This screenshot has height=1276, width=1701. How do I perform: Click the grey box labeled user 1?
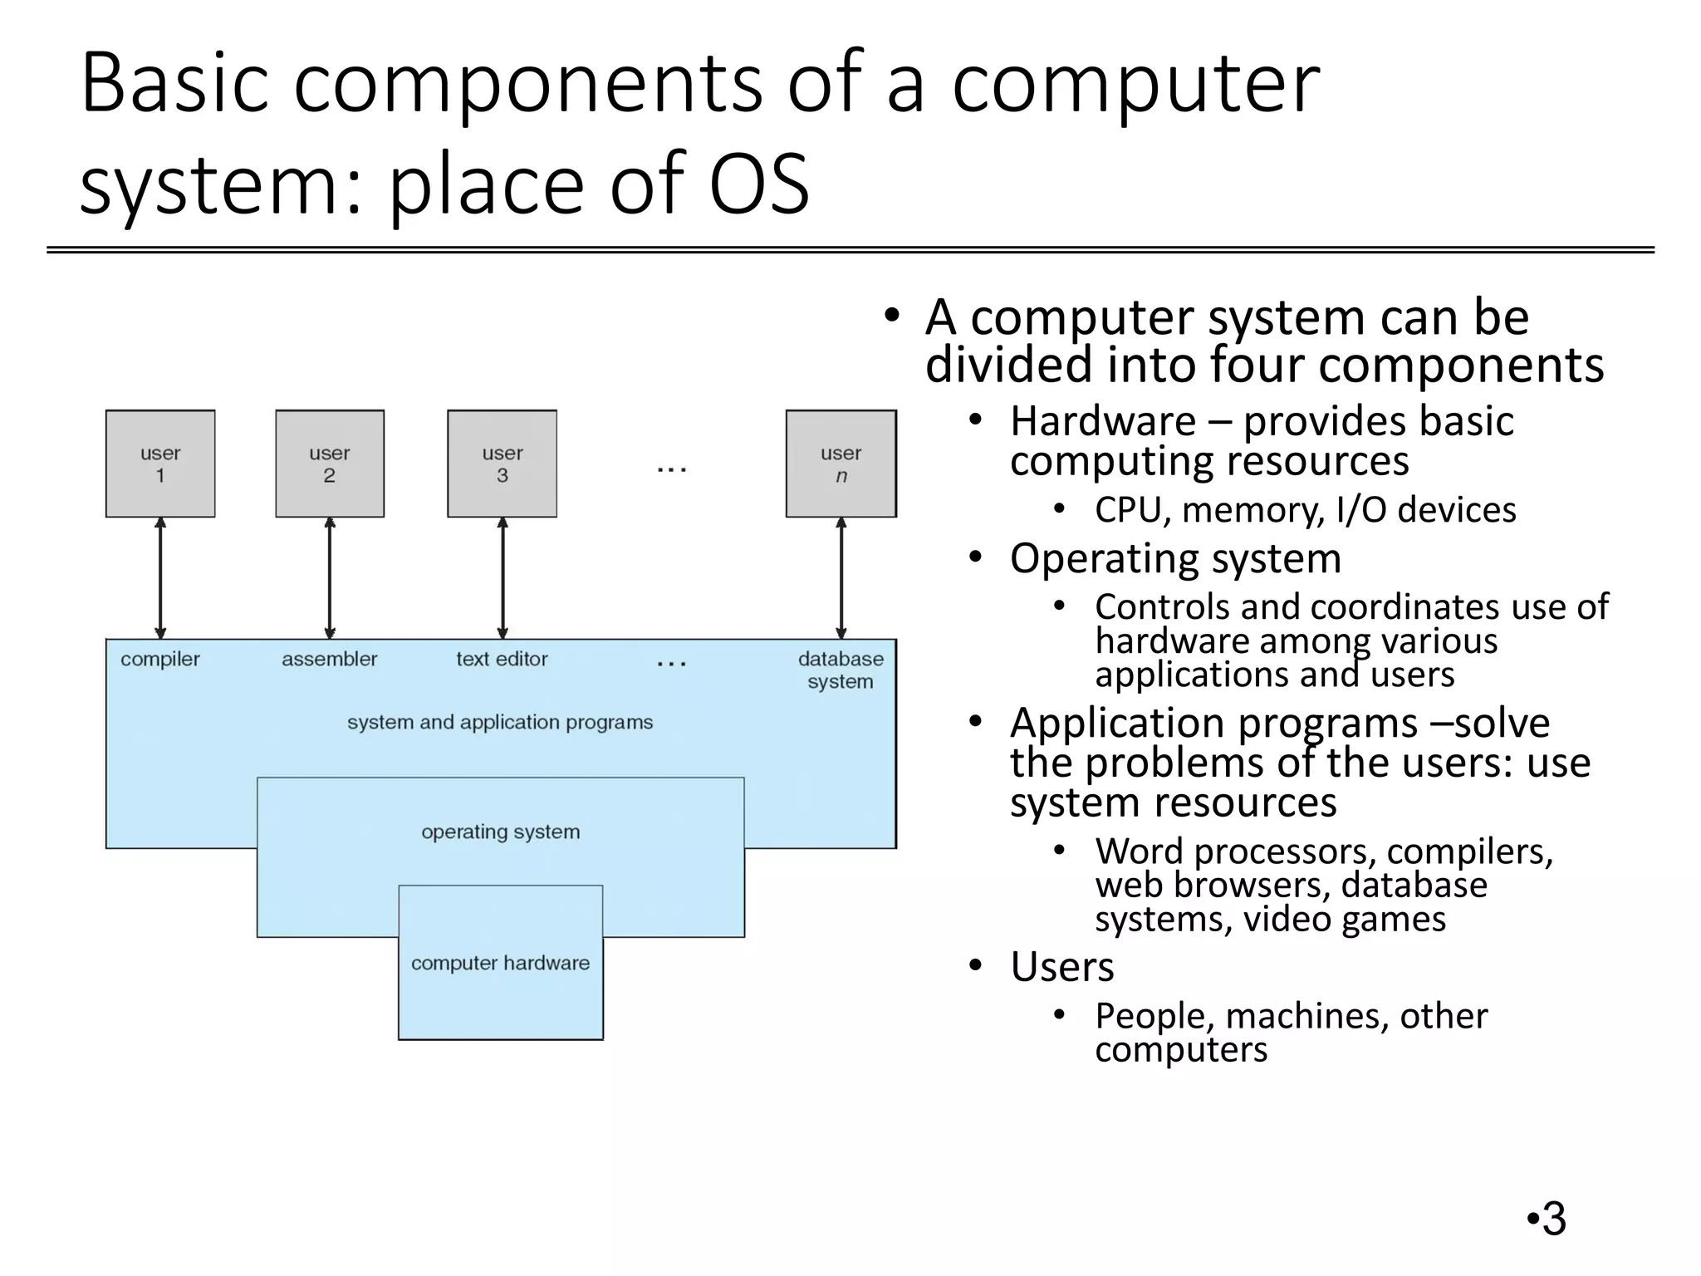(160, 464)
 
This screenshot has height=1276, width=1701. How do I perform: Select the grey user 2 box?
(330, 464)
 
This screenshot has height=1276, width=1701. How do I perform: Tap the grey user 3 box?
(502, 464)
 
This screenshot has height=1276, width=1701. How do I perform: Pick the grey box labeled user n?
(841, 464)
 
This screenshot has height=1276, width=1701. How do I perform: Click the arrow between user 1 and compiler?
(160, 578)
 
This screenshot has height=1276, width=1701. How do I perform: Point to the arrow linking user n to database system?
(841, 578)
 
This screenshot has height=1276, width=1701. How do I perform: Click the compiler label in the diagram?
(160, 660)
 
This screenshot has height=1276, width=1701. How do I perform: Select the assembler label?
(329, 660)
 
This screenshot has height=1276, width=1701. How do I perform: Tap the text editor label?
(502, 660)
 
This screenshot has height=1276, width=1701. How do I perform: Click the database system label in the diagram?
(841, 670)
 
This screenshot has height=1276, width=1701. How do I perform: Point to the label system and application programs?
(500, 723)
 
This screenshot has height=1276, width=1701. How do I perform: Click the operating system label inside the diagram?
(500, 832)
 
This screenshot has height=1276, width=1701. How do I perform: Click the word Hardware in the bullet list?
(1102, 421)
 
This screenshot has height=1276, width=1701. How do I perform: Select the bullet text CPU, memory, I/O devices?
(1305, 510)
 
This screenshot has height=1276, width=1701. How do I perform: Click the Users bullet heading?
(1061, 967)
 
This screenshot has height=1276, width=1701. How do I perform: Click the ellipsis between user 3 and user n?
(671, 470)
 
